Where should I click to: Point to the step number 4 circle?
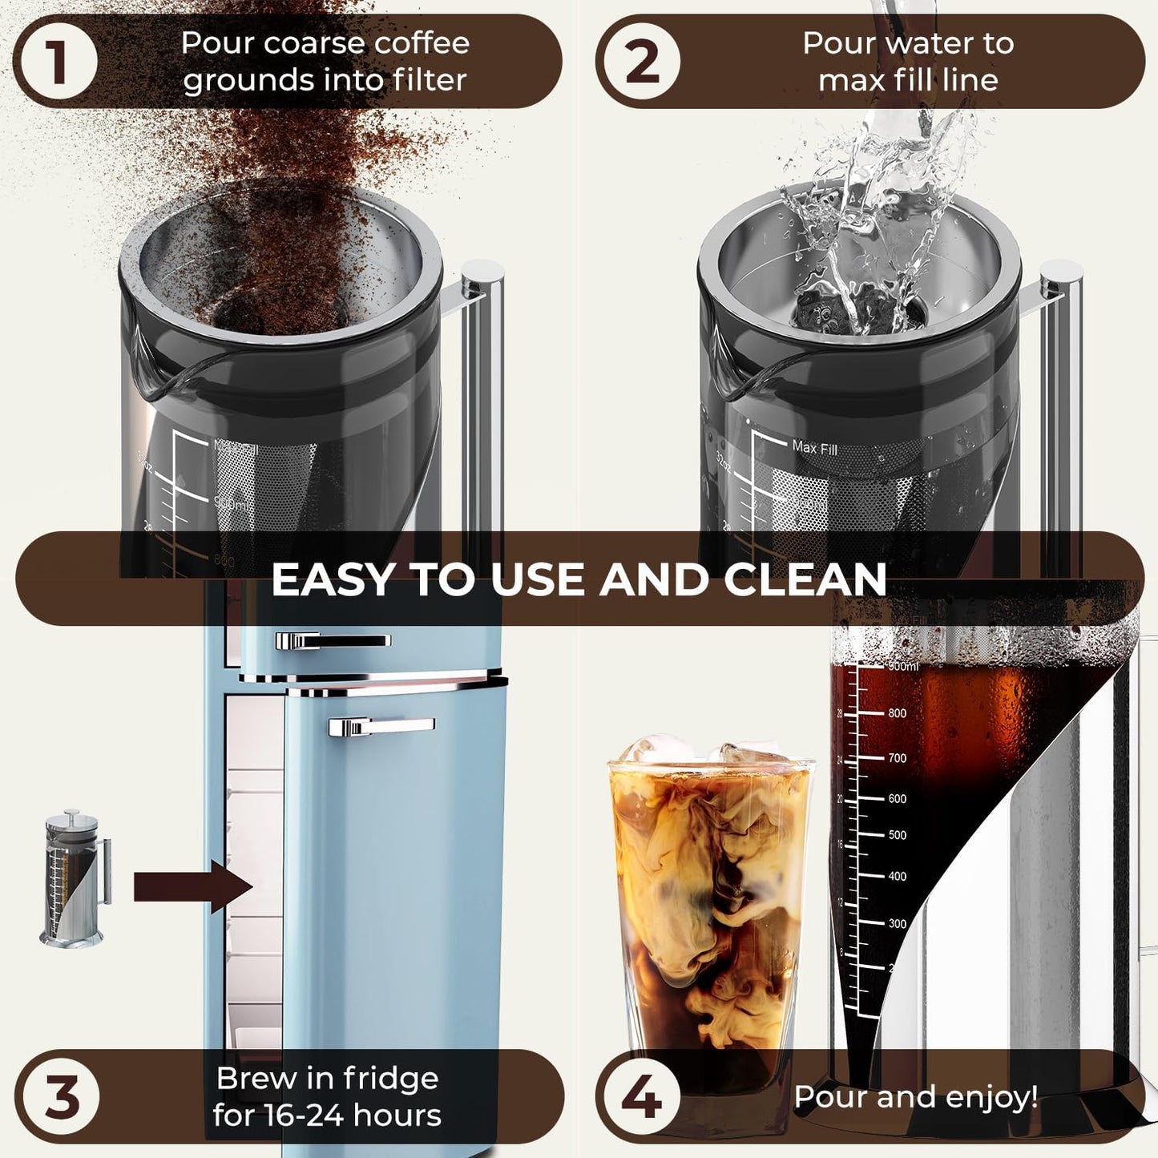[640, 1096]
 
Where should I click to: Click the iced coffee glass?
[710, 906]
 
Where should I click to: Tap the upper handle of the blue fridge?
[333, 640]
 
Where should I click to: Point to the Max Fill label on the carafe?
[814, 447]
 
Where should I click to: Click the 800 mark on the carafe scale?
[897, 713]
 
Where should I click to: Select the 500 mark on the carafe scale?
[897, 835]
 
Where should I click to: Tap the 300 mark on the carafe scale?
[897, 923]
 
